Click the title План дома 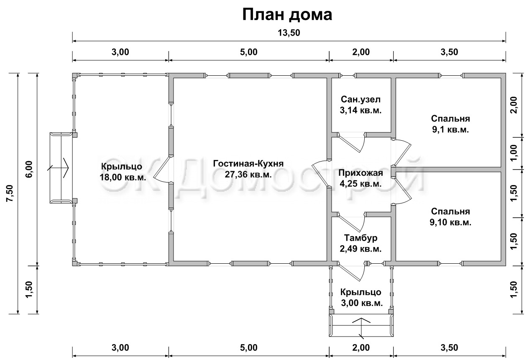click(287, 15)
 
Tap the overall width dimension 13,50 click(289, 33)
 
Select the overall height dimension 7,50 click(10, 193)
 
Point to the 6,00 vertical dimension click(29, 169)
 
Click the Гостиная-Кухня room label click(248, 163)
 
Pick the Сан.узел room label click(361, 99)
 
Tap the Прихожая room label click(361, 173)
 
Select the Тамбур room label click(361, 238)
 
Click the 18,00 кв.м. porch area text click(123, 177)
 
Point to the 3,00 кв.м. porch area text click(362, 303)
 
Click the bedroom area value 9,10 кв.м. click(450, 222)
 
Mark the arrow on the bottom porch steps click(361, 328)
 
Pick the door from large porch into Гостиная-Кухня click(162, 169)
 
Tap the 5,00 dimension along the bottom click(249, 347)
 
